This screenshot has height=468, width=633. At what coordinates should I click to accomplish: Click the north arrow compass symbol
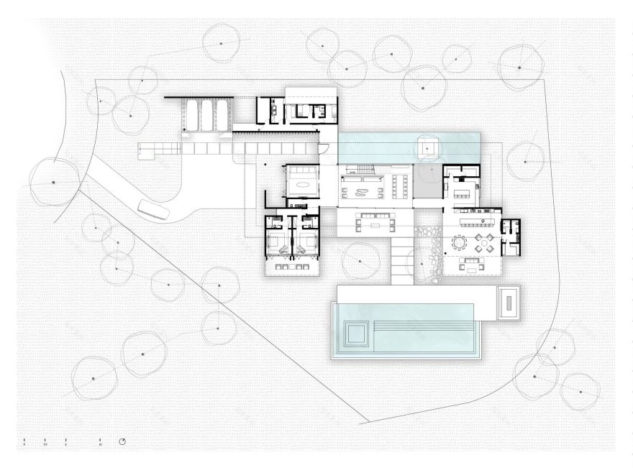click(x=123, y=441)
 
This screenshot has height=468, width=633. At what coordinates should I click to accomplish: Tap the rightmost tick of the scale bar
click(x=100, y=441)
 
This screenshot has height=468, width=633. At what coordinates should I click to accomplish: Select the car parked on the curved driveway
click(x=152, y=210)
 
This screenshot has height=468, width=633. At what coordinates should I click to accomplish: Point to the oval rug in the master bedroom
click(x=303, y=183)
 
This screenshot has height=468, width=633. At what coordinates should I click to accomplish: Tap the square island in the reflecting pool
click(x=428, y=147)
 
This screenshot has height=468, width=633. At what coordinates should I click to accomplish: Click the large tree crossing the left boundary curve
click(x=54, y=183)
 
